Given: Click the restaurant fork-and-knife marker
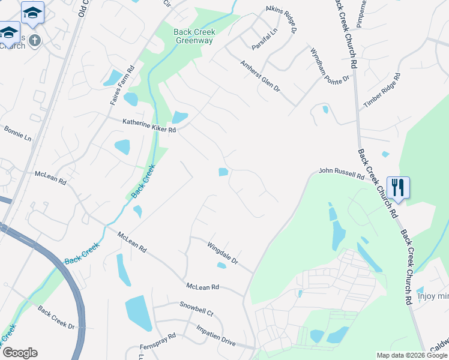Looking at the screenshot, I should point(398,187).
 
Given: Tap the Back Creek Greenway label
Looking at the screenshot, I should point(193,37).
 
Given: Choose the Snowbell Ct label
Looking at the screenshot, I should point(196,308).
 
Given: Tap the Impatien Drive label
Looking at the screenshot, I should point(215,336).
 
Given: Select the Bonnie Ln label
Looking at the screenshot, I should point(17,133).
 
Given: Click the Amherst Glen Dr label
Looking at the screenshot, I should point(260,76).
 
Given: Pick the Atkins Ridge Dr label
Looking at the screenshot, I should point(282,19).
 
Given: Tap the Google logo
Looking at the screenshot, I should point(19,353).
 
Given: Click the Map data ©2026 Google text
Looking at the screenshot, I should point(411,355).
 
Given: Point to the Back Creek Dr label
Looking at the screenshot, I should point(55,318).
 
